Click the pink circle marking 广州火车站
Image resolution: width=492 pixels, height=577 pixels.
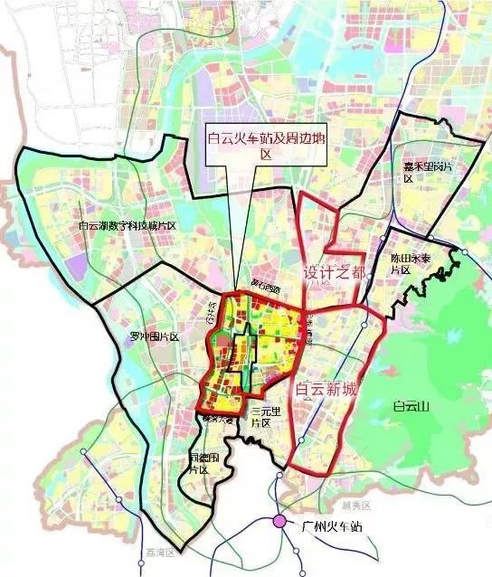[280, 522]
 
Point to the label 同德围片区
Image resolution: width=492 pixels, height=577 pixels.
[199, 463]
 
